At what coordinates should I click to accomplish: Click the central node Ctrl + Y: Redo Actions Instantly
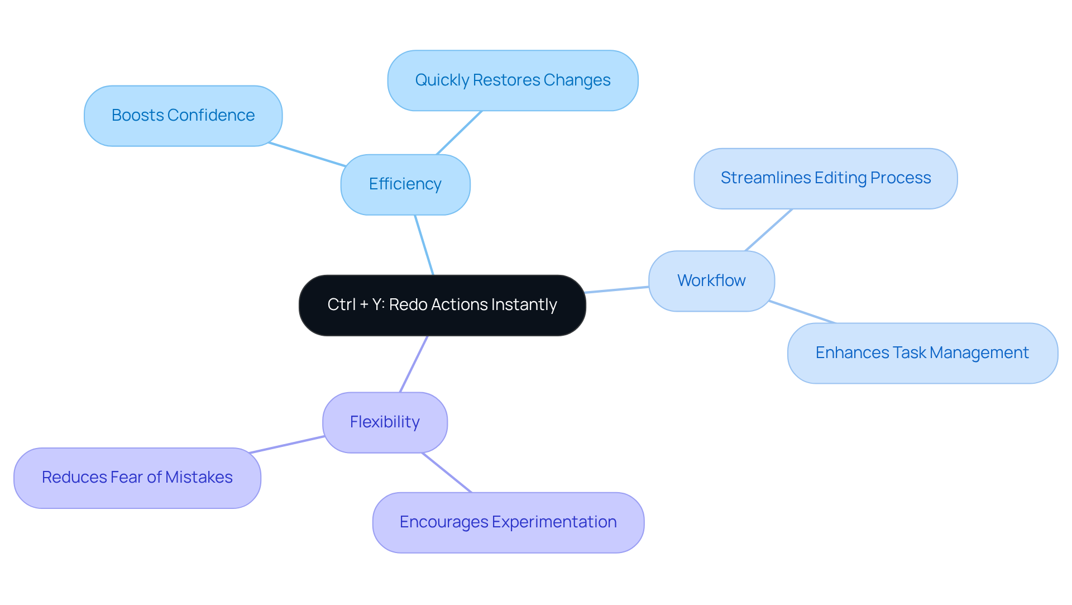(x=442, y=305)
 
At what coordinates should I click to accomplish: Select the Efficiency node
(x=405, y=184)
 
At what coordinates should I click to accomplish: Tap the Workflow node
(x=711, y=280)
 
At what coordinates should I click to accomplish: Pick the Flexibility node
(x=385, y=422)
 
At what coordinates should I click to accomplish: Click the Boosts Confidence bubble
(x=183, y=116)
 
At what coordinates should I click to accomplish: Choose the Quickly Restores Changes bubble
(x=513, y=80)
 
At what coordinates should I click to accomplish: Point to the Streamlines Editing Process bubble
(x=825, y=178)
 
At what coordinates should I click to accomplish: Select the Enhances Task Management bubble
(x=922, y=353)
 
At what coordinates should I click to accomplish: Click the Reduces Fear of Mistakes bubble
(x=137, y=478)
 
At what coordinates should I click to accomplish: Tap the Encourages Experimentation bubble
(x=508, y=522)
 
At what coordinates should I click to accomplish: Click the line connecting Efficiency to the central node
(x=424, y=245)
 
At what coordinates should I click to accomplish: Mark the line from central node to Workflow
(x=617, y=289)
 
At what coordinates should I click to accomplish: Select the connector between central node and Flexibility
(x=414, y=364)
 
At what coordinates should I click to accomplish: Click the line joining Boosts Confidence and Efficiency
(x=307, y=154)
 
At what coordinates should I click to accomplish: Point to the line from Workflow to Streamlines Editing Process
(x=768, y=230)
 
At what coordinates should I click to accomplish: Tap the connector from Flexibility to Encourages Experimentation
(x=447, y=473)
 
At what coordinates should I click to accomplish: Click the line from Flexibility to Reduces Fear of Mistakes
(x=287, y=445)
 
